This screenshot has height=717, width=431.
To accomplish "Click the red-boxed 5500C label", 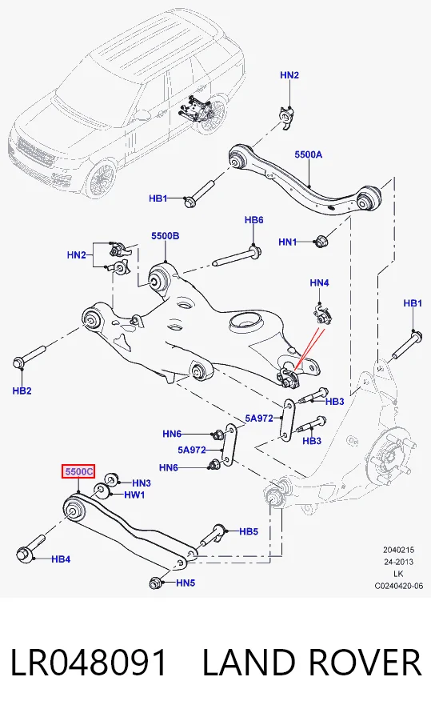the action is tap(78, 471).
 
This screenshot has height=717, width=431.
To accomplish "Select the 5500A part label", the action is tap(308, 154).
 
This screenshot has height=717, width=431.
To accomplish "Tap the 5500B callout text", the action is tap(165, 236).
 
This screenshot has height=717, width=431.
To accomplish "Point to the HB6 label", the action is tap(253, 220).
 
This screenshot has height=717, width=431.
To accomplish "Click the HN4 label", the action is tap(319, 283).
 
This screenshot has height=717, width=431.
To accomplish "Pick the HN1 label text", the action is tap(288, 242).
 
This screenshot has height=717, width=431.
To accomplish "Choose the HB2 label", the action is tap(22, 391).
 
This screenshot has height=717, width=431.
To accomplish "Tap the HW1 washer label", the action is tap(134, 495).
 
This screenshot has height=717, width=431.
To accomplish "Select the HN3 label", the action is tap(142, 483).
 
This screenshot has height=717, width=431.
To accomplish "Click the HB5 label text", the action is tap(249, 531).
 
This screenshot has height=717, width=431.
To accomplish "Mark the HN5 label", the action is tap(186, 583).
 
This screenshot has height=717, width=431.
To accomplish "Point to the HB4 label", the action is tap(60, 559).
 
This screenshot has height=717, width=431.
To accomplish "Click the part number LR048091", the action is tap(88, 663).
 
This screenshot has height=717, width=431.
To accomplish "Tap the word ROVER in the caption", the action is tap(365, 663).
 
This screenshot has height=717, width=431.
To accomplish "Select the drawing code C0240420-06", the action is tap(399, 586).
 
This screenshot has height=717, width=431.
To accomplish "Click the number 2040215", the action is tap(399, 551).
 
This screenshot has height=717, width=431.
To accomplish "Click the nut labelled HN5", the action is tap(156, 583).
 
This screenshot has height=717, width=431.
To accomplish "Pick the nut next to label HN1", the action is tap(321, 241).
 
